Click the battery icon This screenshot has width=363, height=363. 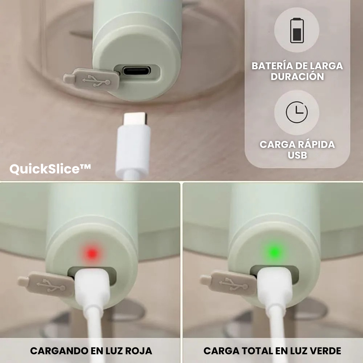(297, 30)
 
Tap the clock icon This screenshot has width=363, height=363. (297, 112)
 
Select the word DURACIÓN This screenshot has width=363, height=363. (297, 77)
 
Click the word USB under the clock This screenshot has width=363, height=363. (297, 155)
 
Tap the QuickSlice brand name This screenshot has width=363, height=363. (50, 169)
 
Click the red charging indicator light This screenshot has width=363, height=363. (92, 253)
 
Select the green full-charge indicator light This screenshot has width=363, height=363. (274, 252)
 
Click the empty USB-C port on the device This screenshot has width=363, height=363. (136, 70)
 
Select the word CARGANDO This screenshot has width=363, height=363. (59, 351)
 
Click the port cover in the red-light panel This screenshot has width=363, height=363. (46, 285)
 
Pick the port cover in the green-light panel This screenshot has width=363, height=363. (229, 283)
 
